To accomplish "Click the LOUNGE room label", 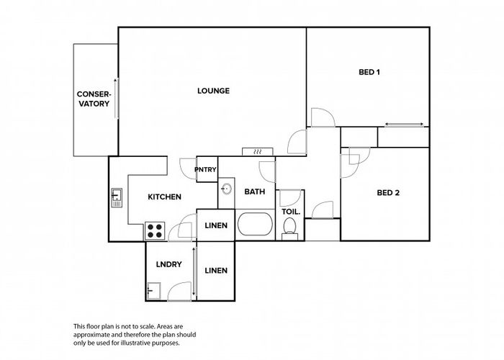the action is click(x=213, y=91).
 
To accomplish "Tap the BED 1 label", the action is click(x=369, y=72).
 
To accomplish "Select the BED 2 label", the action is click(x=388, y=193).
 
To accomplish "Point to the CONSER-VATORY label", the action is click(x=94, y=99).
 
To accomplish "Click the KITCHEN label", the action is click(x=165, y=197).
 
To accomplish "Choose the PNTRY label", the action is click(x=206, y=169).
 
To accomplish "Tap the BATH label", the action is click(x=255, y=192).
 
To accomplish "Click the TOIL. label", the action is click(x=291, y=212).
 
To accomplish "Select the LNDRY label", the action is click(x=168, y=264).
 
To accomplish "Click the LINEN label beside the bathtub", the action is click(x=216, y=225).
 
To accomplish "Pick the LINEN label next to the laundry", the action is click(x=216, y=271).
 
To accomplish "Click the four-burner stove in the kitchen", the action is click(x=155, y=231).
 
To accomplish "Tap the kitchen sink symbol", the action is click(x=117, y=198).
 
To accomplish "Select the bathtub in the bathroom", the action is click(x=255, y=224).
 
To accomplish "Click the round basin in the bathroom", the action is click(x=227, y=189).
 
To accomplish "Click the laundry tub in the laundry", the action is click(x=153, y=291).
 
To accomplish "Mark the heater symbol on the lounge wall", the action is click(x=258, y=152).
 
